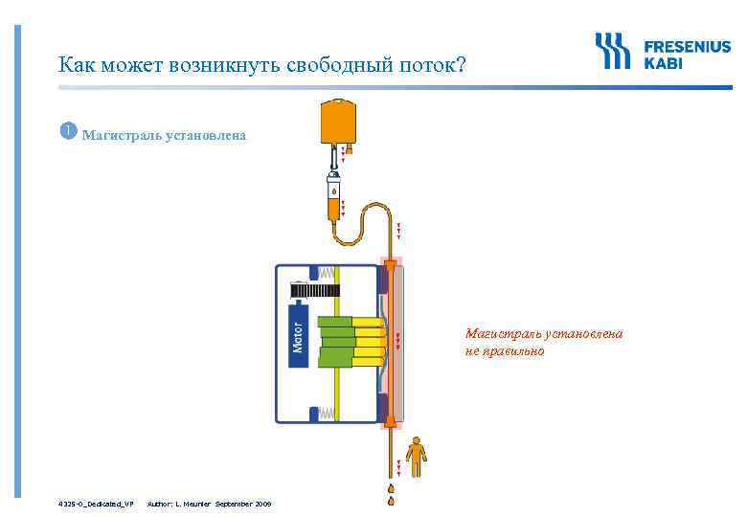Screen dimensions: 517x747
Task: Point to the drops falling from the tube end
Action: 392,493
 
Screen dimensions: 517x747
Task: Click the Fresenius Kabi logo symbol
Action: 613,51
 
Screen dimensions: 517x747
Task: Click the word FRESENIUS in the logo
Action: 687,46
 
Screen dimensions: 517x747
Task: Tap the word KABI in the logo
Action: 664,62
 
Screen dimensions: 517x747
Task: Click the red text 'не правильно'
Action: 504,351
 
